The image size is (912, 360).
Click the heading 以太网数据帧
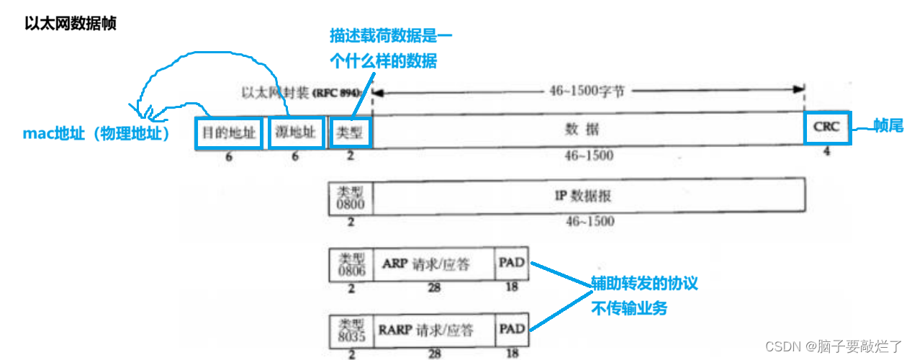[x=71, y=23]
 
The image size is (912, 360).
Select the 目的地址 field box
[x=228, y=132]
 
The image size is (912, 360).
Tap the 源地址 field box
[x=295, y=132]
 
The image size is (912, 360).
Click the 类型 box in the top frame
[x=351, y=132]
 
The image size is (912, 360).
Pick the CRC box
[x=827, y=128]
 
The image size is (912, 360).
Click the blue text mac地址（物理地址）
[x=96, y=133]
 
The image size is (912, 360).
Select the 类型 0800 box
[x=351, y=197]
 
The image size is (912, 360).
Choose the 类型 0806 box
[x=351, y=264]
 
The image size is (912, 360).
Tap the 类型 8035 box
[x=351, y=330]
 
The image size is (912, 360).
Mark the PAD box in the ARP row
[x=512, y=264]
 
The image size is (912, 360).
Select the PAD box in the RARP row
[x=512, y=330]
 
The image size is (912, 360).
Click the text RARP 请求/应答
[x=425, y=330]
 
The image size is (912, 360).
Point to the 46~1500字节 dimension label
[x=587, y=91]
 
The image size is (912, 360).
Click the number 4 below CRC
[x=826, y=152]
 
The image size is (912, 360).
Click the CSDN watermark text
[x=833, y=346]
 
